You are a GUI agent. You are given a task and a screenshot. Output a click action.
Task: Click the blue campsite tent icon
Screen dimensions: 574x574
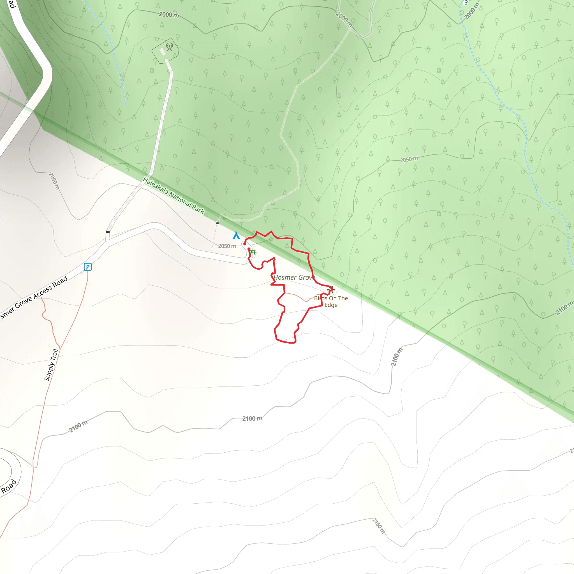pyautogui.click(x=236, y=236)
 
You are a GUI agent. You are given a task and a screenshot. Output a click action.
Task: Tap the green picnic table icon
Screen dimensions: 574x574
pyautogui.click(x=253, y=252)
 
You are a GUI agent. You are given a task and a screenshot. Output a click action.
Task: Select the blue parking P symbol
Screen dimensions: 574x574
pyautogui.click(x=88, y=267)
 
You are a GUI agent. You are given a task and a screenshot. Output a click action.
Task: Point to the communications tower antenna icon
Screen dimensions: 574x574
pyautogui.click(x=170, y=47)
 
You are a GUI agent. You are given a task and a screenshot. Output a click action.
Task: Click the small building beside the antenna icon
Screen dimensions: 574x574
pyautogui.click(x=163, y=52)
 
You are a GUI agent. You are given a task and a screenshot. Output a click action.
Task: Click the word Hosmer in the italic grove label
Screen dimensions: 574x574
pyautogui.click(x=285, y=277)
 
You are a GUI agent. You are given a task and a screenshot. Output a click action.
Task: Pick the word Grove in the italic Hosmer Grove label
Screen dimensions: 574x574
pyautogui.click(x=307, y=277)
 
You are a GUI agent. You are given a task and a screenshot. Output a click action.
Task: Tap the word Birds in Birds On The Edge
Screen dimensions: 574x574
pyautogui.click(x=321, y=298)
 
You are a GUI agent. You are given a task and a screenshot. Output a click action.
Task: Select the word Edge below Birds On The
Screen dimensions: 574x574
pyautogui.click(x=331, y=305)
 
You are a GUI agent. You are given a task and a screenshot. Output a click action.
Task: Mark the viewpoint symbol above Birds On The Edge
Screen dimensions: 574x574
pyautogui.click(x=331, y=290)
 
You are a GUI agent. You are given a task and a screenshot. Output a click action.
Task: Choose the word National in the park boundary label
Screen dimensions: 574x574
pyautogui.click(x=180, y=200)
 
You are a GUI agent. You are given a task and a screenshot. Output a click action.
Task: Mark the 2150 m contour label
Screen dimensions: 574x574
pyautogui.click(x=378, y=526)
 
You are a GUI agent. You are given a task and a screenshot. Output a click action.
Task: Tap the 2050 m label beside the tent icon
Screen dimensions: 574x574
pyautogui.click(x=227, y=246)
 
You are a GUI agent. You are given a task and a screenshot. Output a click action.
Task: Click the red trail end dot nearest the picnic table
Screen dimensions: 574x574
pyautogui.click(x=249, y=249)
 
